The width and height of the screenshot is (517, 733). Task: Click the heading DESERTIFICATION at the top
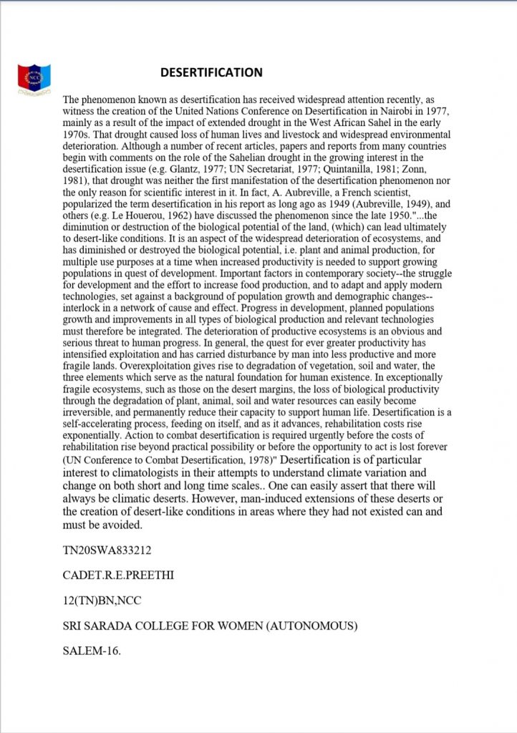tap(211, 72)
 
